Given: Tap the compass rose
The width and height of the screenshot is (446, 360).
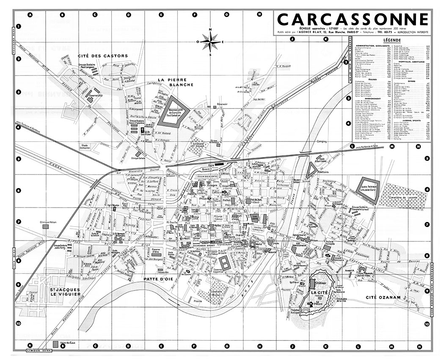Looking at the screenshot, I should click(210, 42).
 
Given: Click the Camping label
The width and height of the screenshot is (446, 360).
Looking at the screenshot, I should click(322, 142).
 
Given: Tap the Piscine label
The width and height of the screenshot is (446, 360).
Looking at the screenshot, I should click(197, 301).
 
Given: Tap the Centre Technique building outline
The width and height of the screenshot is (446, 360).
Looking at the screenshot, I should click(371, 187).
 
